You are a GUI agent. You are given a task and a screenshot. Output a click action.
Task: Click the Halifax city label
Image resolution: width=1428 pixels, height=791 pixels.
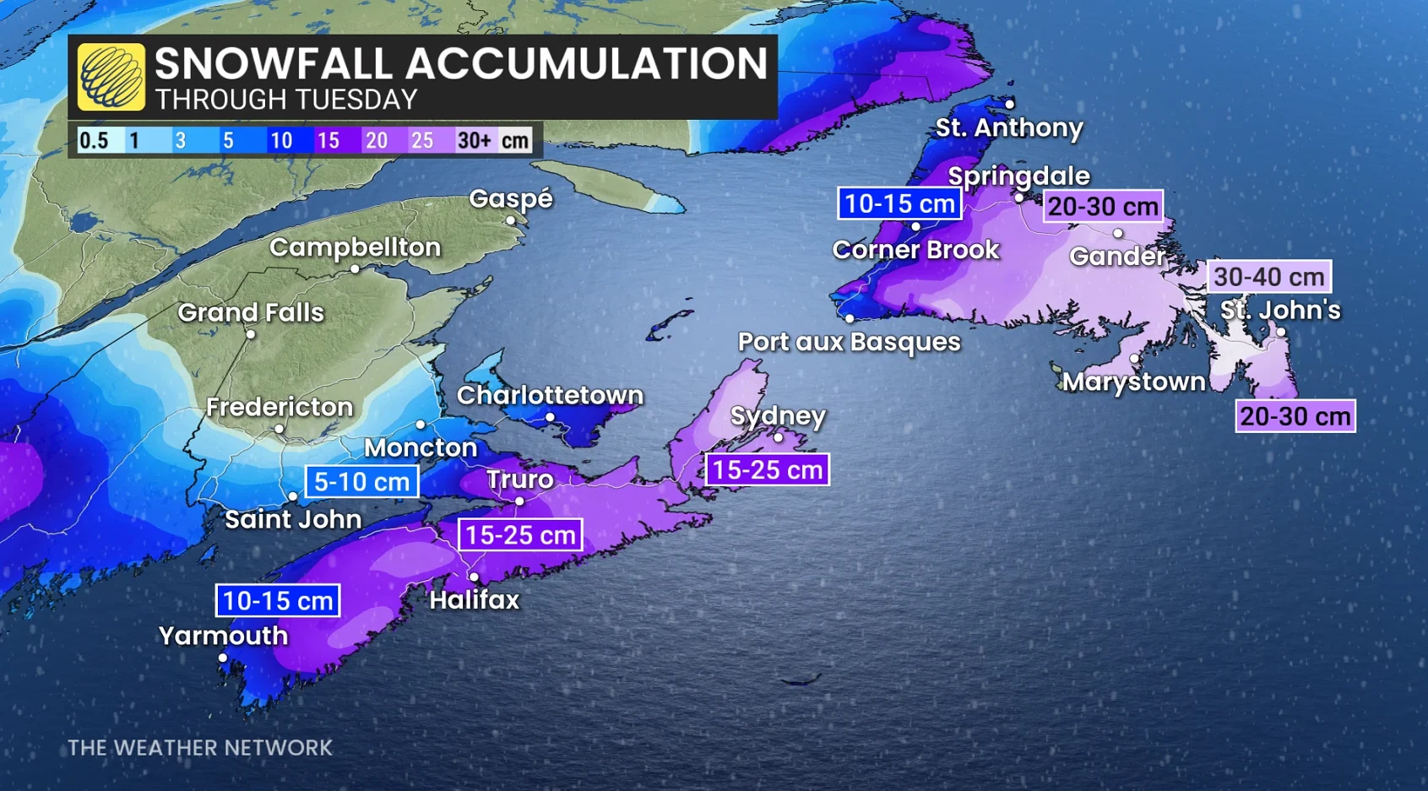click(474, 600)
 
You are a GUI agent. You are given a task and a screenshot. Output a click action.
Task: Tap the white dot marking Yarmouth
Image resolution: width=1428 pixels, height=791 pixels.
click(223, 658)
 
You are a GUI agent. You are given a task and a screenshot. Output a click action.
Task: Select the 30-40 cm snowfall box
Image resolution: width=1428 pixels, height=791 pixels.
click(1268, 277)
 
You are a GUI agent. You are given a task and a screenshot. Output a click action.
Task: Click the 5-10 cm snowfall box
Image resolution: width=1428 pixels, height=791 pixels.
click(361, 482)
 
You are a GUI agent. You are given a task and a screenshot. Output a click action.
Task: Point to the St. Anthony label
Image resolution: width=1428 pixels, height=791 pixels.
click(1008, 128)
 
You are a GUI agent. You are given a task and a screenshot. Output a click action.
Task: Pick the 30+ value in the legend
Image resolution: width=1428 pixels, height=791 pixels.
click(474, 140)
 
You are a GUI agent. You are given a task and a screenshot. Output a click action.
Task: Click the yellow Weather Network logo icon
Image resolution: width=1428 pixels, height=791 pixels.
click(111, 77)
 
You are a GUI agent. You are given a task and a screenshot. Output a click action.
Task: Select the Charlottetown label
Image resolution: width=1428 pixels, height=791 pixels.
click(550, 395)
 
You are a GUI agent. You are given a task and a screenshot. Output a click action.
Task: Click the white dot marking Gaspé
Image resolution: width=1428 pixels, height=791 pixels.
click(510, 220)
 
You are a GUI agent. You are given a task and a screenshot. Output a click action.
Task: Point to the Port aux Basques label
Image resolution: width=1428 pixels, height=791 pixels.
click(849, 342)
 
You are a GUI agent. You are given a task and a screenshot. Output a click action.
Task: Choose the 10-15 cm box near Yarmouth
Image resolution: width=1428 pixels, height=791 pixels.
click(278, 601)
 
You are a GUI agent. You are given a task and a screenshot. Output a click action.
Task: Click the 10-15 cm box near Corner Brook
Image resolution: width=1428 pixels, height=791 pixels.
click(899, 203)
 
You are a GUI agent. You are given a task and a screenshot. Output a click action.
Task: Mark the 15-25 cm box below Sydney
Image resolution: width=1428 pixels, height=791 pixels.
click(767, 470)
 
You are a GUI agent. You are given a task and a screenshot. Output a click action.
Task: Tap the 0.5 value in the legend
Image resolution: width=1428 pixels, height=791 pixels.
click(94, 140)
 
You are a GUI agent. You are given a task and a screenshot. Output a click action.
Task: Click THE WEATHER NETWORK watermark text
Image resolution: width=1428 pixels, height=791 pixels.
click(200, 748)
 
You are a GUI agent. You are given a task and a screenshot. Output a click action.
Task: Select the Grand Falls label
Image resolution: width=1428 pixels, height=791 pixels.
click(251, 312)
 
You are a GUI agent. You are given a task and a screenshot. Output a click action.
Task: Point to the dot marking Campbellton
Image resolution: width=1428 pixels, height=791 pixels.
click(355, 269)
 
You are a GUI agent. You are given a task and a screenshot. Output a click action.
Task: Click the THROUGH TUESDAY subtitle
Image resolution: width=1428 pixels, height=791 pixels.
click(286, 100)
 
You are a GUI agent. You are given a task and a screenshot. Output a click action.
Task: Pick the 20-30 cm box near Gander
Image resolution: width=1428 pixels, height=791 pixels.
click(1103, 207)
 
